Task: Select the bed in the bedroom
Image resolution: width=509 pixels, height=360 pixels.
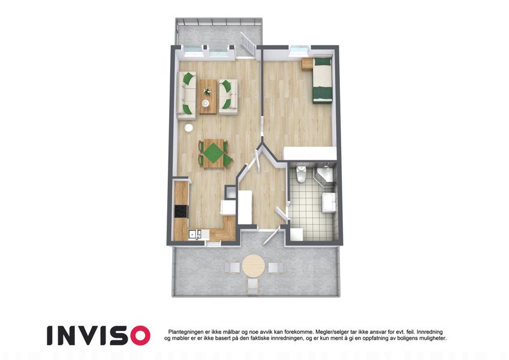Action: [323, 80]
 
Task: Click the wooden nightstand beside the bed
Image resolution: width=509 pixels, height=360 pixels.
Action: [306, 64]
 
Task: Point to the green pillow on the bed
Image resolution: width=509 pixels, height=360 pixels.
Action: [323, 61]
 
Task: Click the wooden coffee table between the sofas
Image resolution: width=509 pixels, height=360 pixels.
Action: [208, 97]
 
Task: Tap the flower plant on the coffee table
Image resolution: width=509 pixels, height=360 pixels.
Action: [206, 91]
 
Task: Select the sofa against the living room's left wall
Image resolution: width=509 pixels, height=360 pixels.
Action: [186, 95]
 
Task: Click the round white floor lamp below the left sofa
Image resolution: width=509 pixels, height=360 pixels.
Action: [189, 128]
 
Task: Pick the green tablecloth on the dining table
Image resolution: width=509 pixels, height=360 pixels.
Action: [213, 154]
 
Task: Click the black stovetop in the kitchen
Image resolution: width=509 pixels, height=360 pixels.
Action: [181, 212]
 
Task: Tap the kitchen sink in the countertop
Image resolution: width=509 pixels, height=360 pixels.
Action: [195, 234]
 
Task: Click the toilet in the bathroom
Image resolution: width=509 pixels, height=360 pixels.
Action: [301, 174]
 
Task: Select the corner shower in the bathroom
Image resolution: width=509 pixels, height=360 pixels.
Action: [325, 175]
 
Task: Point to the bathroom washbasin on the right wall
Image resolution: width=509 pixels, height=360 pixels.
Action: [329, 203]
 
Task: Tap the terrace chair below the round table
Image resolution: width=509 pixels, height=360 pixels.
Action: [252, 287]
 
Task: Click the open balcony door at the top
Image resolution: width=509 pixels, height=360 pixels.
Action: [248, 44]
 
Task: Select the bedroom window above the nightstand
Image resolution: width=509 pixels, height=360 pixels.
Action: [299, 51]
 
